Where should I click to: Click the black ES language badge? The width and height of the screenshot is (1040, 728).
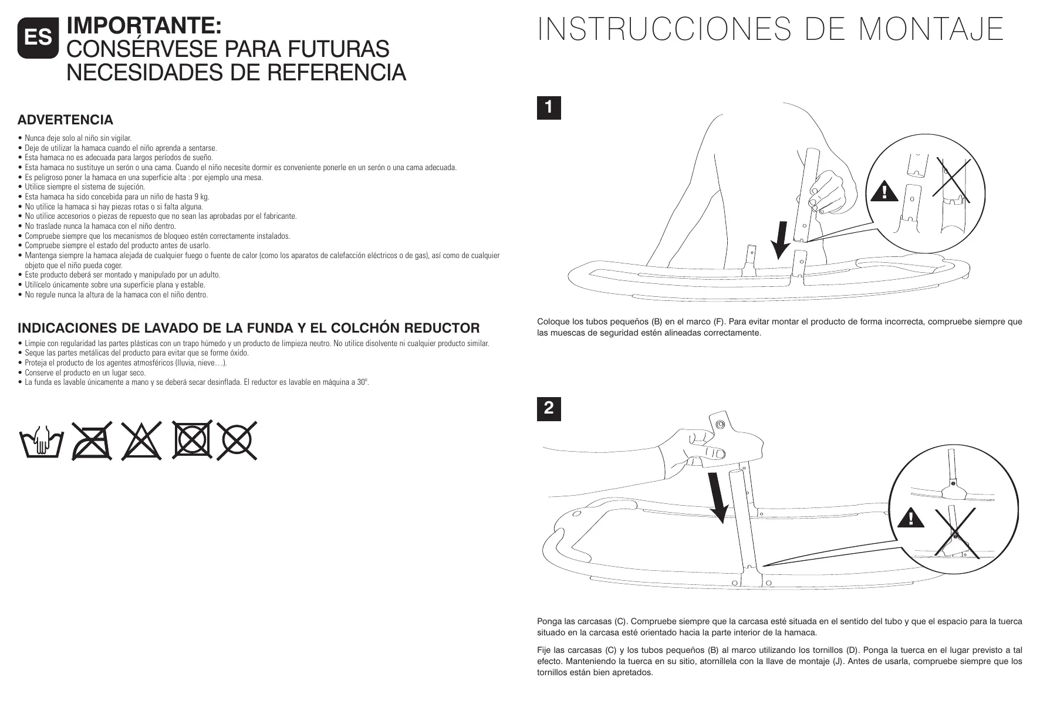(x=38, y=38)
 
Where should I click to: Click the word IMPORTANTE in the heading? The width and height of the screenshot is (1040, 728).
(x=144, y=26)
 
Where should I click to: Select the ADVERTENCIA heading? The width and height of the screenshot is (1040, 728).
(x=65, y=120)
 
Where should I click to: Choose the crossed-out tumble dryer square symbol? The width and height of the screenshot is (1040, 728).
(x=193, y=439)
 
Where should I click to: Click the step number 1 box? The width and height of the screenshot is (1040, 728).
(x=549, y=108)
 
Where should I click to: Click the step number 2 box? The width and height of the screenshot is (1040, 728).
(x=549, y=409)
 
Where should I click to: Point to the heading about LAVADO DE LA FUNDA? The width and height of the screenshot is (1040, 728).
(x=249, y=328)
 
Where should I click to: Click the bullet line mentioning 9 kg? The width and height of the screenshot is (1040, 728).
(x=117, y=197)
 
